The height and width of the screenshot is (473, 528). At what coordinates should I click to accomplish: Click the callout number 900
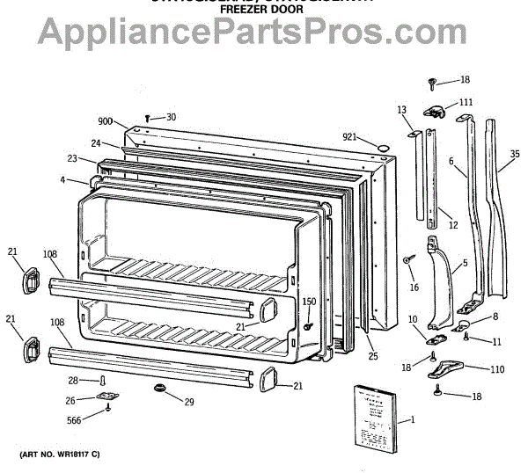[105, 121]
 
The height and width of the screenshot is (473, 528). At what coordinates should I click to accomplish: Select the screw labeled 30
[148, 117]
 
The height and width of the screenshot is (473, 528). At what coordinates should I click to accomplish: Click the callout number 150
[309, 302]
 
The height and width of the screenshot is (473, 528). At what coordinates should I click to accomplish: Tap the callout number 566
[79, 420]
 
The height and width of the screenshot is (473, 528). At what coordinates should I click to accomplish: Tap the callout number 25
[372, 356]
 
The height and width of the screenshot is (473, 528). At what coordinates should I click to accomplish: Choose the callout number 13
[401, 110]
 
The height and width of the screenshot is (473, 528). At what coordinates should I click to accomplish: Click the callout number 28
[73, 381]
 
